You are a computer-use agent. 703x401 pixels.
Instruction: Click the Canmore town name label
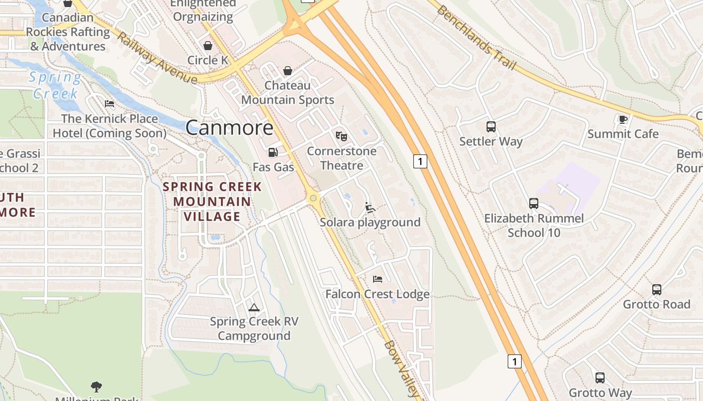click(x=229, y=128)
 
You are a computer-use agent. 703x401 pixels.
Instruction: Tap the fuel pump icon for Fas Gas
click(x=273, y=152)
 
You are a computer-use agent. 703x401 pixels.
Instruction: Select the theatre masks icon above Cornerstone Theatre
click(x=341, y=136)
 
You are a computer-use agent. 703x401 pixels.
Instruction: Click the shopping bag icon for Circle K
click(x=208, y=46)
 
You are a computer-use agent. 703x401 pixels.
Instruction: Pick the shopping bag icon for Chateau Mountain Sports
click(x=288, y=71)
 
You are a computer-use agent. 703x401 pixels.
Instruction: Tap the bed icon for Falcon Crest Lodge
click(x=378, y=279)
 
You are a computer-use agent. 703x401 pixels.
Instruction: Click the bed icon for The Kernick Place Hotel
click(x=109, y=104)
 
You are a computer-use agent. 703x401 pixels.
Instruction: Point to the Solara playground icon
click(x=370, y=207)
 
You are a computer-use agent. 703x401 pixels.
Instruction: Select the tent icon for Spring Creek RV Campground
click(x=254, y=307)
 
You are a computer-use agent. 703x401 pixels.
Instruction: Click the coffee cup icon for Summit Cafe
click(x=623, y=119)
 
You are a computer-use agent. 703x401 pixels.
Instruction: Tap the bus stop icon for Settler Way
click(x=491, y=127)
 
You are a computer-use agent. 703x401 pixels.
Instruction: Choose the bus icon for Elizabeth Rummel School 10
click(x=534, y=204)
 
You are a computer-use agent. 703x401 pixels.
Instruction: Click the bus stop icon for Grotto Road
click(x=657, y=289)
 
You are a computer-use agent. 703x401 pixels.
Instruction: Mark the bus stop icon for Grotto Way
click(x=600, y=378)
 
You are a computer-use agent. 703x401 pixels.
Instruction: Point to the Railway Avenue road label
click(x=157, y=58)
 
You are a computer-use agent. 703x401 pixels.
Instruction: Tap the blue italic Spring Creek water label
click(x=55, y=85)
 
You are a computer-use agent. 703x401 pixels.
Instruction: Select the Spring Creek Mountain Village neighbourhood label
click(x=212, y=202)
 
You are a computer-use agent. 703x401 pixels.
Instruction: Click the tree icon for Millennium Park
click(x=96, y=386)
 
